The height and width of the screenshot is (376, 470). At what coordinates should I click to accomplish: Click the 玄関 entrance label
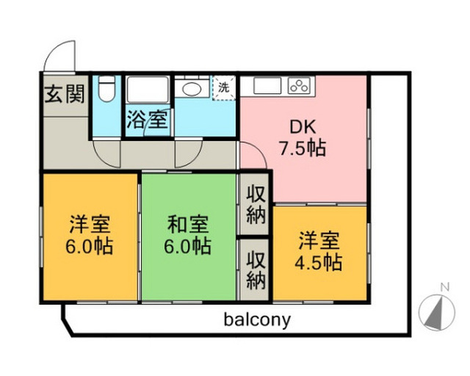coord(65,93)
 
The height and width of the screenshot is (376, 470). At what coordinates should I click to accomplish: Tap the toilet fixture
coord(106,89)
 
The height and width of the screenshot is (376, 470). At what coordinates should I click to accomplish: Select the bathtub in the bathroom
coord(147,90)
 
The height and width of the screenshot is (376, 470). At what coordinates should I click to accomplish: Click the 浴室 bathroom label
coord(147,120)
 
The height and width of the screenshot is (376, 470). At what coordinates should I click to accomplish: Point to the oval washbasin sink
coord(192,89)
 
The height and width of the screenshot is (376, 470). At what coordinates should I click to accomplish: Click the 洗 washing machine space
coord(223,87)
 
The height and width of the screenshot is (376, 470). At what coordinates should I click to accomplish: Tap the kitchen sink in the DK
coord(267,85)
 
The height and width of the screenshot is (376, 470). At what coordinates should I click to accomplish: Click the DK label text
coord(303,127)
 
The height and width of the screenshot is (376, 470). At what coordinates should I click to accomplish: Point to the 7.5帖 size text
coord(303,148)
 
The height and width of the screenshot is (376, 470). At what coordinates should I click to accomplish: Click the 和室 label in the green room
coord(188,225)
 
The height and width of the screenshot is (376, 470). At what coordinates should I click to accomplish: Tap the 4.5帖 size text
coord(319,262)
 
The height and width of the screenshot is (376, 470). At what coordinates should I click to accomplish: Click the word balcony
coord(258,319)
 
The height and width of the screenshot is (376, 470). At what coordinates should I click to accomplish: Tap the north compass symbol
coord(437,312)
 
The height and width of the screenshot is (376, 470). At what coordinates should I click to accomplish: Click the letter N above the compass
coord(445,287)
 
